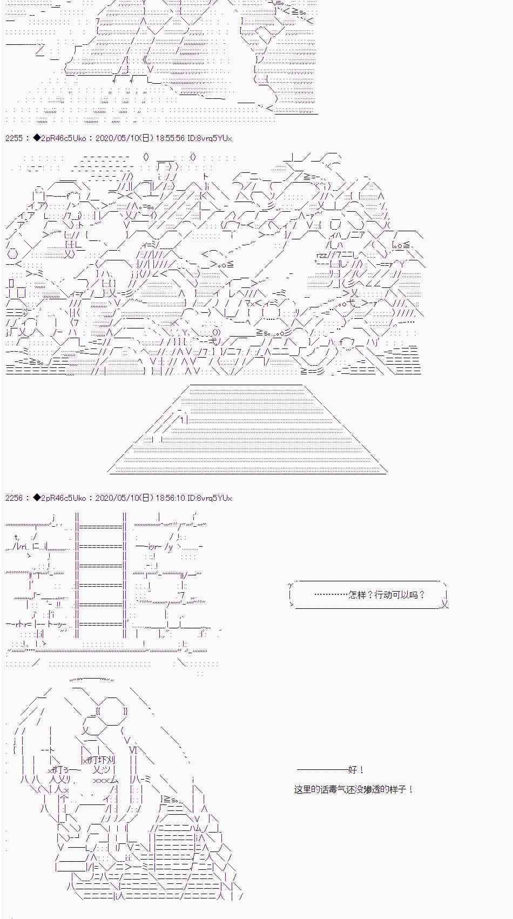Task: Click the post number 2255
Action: click(14, 138)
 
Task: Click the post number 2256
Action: click(14, 498)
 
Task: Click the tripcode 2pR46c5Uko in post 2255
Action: click(64, 138)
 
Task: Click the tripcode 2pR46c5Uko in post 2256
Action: click(64, 498)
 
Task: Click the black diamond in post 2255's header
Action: click(37, 138)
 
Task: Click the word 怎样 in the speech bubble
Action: click(357, 595)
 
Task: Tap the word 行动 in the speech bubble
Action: click(383, 595)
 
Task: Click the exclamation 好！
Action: click(357, 770)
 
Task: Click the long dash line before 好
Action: click(322, 770)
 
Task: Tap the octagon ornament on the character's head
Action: click(112, 711)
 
